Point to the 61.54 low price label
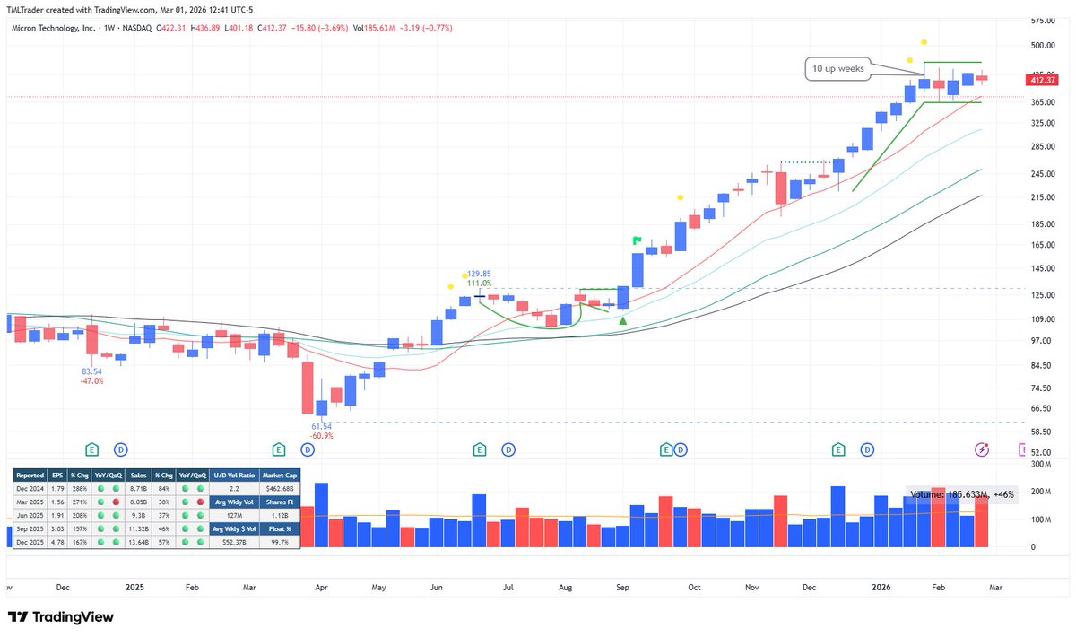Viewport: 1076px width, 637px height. (321, 426)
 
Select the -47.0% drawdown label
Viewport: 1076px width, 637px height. (91, 380)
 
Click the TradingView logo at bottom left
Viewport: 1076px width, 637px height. (62, 617)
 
